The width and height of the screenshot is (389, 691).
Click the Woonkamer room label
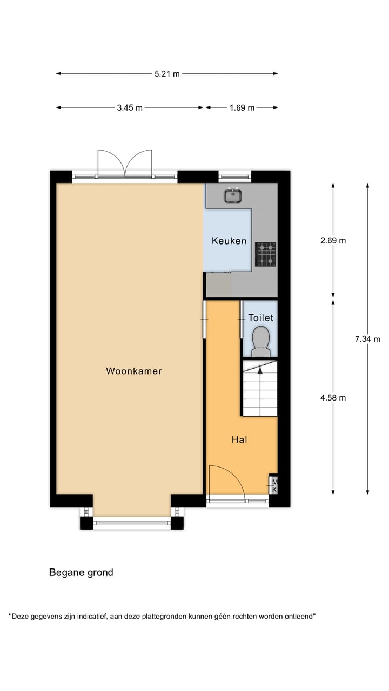point(134,371)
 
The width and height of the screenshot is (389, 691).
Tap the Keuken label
point(229,241)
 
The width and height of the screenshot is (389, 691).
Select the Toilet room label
point(260,318)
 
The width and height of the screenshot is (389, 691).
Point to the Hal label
point(239,440)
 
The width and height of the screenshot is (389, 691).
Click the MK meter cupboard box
point(274,485)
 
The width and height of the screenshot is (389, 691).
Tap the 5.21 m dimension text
point(167,74)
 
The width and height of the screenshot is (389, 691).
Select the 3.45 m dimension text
point(130,107)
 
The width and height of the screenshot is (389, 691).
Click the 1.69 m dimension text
point(242,107)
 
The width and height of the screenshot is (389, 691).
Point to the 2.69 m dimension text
point(333,241)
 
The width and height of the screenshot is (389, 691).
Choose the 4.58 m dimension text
point(333,398)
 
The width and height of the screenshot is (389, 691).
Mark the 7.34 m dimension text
point(367,339)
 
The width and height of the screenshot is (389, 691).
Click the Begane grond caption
point(81,572)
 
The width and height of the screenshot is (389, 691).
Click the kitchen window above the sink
point(235,175)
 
